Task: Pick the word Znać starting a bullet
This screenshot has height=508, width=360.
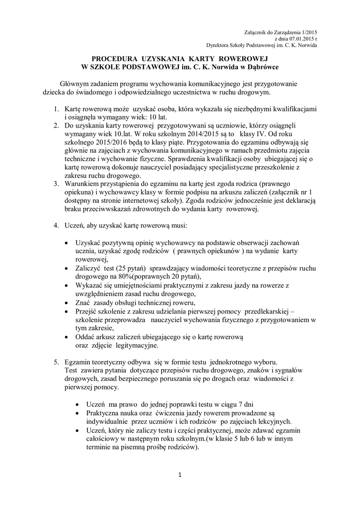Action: click(83, 303)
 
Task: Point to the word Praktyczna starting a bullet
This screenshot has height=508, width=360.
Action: click(104, 412)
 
